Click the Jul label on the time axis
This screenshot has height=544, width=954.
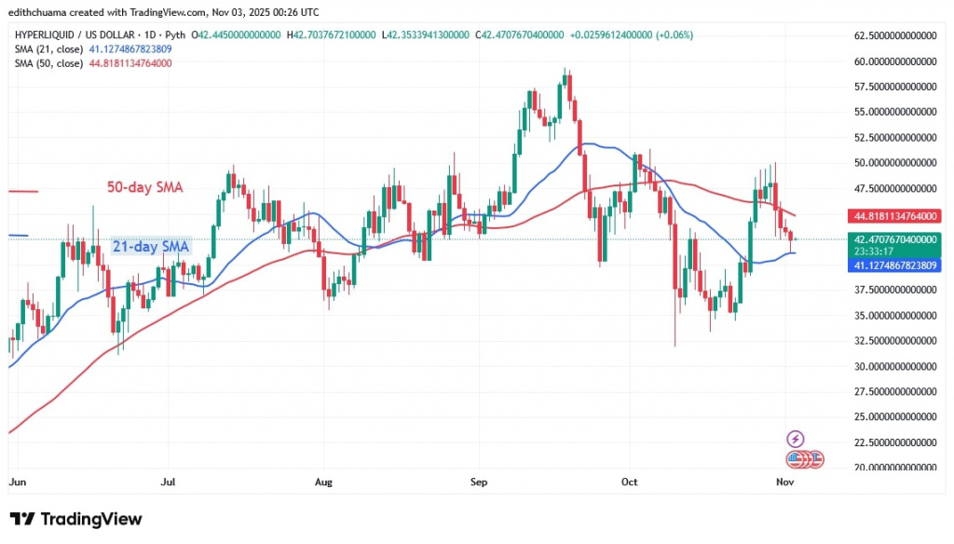[x=169, y=483]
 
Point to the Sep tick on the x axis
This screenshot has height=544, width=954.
[x=479, y=483]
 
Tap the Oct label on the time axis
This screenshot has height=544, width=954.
[x=630, y=483]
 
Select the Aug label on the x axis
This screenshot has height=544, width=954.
[x=323, y=483]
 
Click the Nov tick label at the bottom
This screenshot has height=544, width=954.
[x=784, y=483]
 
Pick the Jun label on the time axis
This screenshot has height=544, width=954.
[x=17, y=483]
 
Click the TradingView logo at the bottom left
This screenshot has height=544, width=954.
[x=75, y=519]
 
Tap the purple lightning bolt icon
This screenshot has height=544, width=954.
[x=796, y=438]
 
